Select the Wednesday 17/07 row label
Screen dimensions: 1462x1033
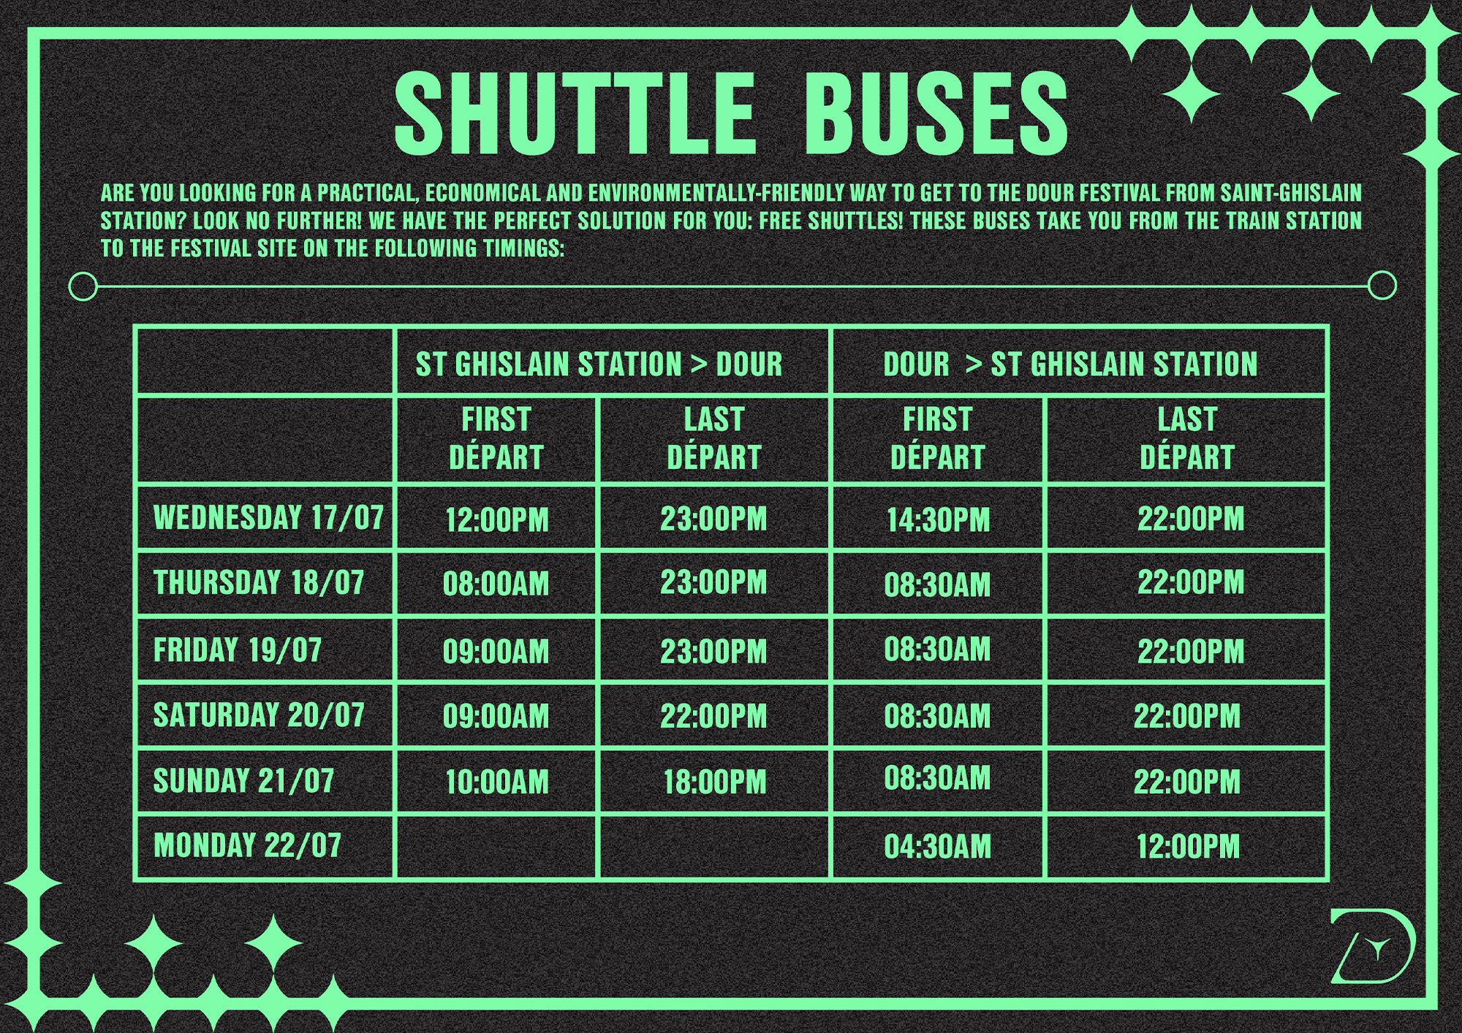pos(268,517)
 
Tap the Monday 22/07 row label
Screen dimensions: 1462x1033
pos(247,845)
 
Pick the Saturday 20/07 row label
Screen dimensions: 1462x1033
pos(259,714)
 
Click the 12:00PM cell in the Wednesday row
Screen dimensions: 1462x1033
pos(497,519)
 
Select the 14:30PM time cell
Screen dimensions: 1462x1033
pos(938,519)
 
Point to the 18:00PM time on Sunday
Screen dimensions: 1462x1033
pos(715,782)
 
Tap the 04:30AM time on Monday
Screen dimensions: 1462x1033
pos(938,846)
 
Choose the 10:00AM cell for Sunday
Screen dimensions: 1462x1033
pos(497,782)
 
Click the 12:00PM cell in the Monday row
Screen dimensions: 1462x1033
pos(1188,846)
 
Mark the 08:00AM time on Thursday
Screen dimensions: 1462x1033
pos(496,584)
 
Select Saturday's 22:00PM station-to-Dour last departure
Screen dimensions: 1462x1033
pos(714,716)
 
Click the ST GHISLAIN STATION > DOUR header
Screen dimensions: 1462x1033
pos(599,364)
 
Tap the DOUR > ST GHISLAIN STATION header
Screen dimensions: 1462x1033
pos(1070,364)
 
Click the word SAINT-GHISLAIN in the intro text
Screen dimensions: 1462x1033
pos(1291,193)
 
